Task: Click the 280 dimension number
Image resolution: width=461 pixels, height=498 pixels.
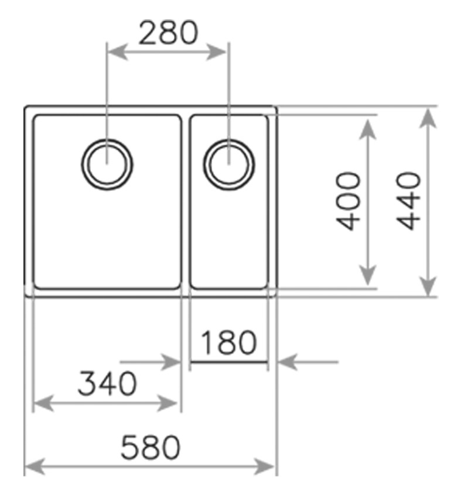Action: click(x=168, y=33)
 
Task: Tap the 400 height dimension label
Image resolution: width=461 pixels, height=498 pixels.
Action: click(x=349, y=201)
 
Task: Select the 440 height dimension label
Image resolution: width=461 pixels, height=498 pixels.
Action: click(x=408, y=201)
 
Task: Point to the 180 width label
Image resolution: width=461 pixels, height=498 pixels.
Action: click(x=228, y=342)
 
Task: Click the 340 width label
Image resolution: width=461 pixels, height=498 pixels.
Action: click(x=107, y=383)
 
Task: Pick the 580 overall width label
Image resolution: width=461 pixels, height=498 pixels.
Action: click(x=151, y=447)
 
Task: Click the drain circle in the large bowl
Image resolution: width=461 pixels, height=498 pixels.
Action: click(x=107, y=164)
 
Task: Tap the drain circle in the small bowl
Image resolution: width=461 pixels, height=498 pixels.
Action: click(x=229, y=164)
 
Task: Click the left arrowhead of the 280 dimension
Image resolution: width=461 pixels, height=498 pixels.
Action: click(x=118, y=52)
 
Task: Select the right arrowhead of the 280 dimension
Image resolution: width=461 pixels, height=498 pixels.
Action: click(x=216, y=52)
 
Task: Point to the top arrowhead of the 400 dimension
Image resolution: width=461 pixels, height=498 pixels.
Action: click(x=368, y=129)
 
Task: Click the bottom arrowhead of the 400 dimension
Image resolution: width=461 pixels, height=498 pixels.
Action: click(x=368, y=275)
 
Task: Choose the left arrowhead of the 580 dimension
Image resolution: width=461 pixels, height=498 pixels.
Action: click(x=35, y=467)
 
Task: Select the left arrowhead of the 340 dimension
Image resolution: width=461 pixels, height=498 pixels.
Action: click(x=43, y=404)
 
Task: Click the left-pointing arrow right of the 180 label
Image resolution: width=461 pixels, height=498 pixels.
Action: click(x=308, y=362)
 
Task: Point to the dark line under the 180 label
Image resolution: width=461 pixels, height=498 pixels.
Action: click(x=229, y=362)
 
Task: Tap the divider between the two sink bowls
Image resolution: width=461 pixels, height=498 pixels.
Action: click(x=186, y=202)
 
